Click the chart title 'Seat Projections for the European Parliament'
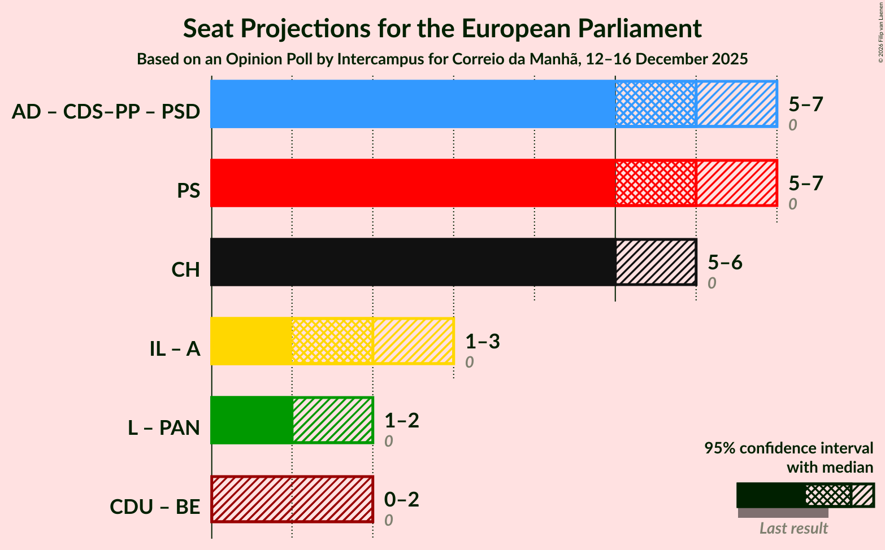pyautogui.click(x=442, y=28)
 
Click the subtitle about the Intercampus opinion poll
pyautogui.click(x=442, y=59)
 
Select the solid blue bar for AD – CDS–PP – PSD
pyautogui.click(x=413, y=104)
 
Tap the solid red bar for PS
pyautogui.click(x=413, y=183)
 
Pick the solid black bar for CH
pyautogui.click(x=413, y=262)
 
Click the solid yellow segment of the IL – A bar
pyautogui.click(x=251, y=341)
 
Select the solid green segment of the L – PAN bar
pyautogui.click(x=251, y=420)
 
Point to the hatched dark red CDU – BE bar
pyautogui.click(x=292, y=499)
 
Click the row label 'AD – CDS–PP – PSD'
pyautogui.click(x=106, y=112)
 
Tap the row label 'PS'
pyautogui.click(x=188, y=191)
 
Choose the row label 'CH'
pyautogui.click(x=186, y=270)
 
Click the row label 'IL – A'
pyautogui.click(x=175, y=349)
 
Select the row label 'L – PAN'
pyautogui.click(x=164, y=428)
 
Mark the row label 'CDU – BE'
pyautogui.click(x=155, y=507)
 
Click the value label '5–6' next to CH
pyautogui.click(x=725, y=262)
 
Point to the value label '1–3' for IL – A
pyautogui.click(x=483, y=341)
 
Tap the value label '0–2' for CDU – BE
pyautogui.click(x=402, y=499)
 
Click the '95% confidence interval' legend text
pyautogui.click(x=788, y=448)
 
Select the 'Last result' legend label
pyautogui.click(x=793, y=528)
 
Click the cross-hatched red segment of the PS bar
pyautogui.click(x=656, y=183)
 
